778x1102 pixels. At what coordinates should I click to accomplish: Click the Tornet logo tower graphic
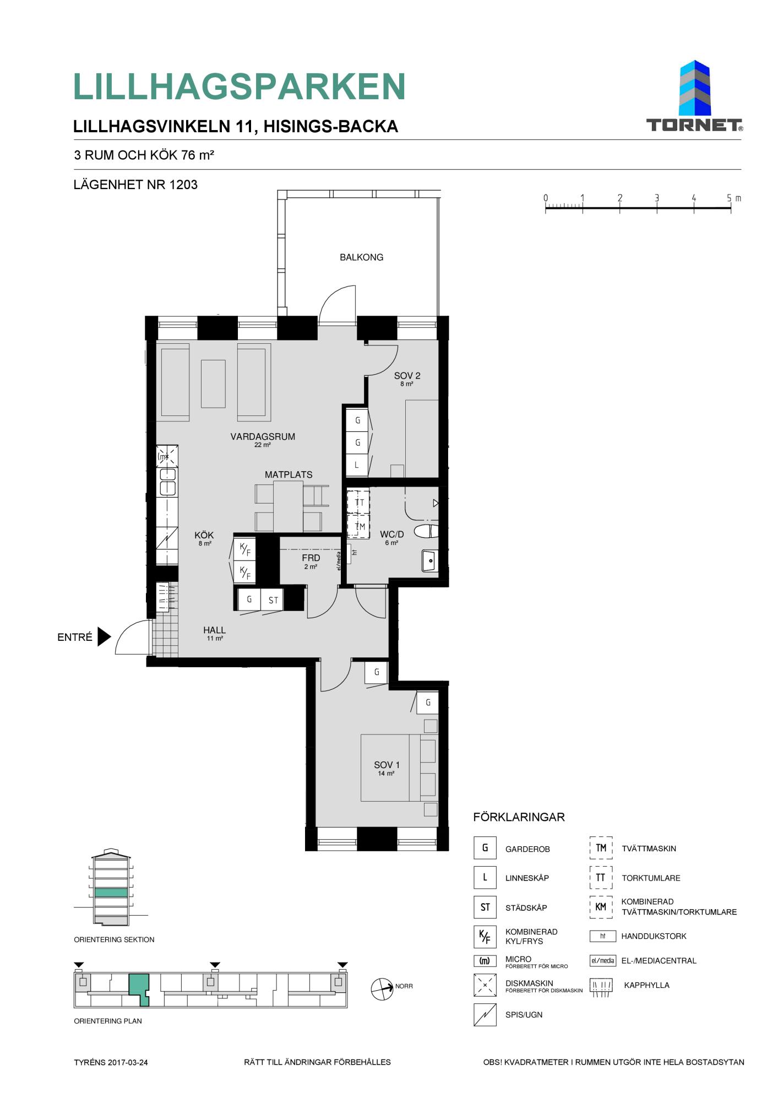click(x=695, y=88)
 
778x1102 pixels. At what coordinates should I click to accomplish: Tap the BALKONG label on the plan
click(x=361, y=257)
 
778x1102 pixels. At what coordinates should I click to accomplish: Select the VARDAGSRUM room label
click(x=263, y=436)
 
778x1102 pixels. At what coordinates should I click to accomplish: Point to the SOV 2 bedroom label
click(x=407, y=376)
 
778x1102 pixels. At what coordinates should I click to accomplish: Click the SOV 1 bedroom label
click(x=387, y=765)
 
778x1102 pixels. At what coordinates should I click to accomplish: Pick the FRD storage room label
click(x=311, y=558)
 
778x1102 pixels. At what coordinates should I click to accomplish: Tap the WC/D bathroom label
click(x=392, y=534)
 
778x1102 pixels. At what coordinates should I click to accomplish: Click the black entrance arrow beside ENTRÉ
click(x=104, y=636)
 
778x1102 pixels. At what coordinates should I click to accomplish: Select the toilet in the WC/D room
click(x=426, y=531)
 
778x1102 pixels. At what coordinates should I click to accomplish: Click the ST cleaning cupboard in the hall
click(x=273, y=599)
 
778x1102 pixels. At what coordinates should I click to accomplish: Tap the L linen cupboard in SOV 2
click(x=357, y=464)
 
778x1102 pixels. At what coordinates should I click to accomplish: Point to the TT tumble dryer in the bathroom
click(x=358, y=502)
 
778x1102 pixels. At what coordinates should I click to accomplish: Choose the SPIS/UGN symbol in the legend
click(x=485, y=1014)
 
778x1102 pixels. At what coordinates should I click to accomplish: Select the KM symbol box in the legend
click(x=601, y=907)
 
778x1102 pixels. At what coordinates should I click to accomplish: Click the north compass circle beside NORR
click(x=382, y=989)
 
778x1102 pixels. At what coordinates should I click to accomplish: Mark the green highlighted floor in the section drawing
click(x=111, y=892)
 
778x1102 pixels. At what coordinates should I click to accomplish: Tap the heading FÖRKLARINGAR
click(x=519, y=817)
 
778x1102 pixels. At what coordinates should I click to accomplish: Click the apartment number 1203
click(x=183, y=185)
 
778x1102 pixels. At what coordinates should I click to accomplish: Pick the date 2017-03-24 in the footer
click(x=128, y=1062)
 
